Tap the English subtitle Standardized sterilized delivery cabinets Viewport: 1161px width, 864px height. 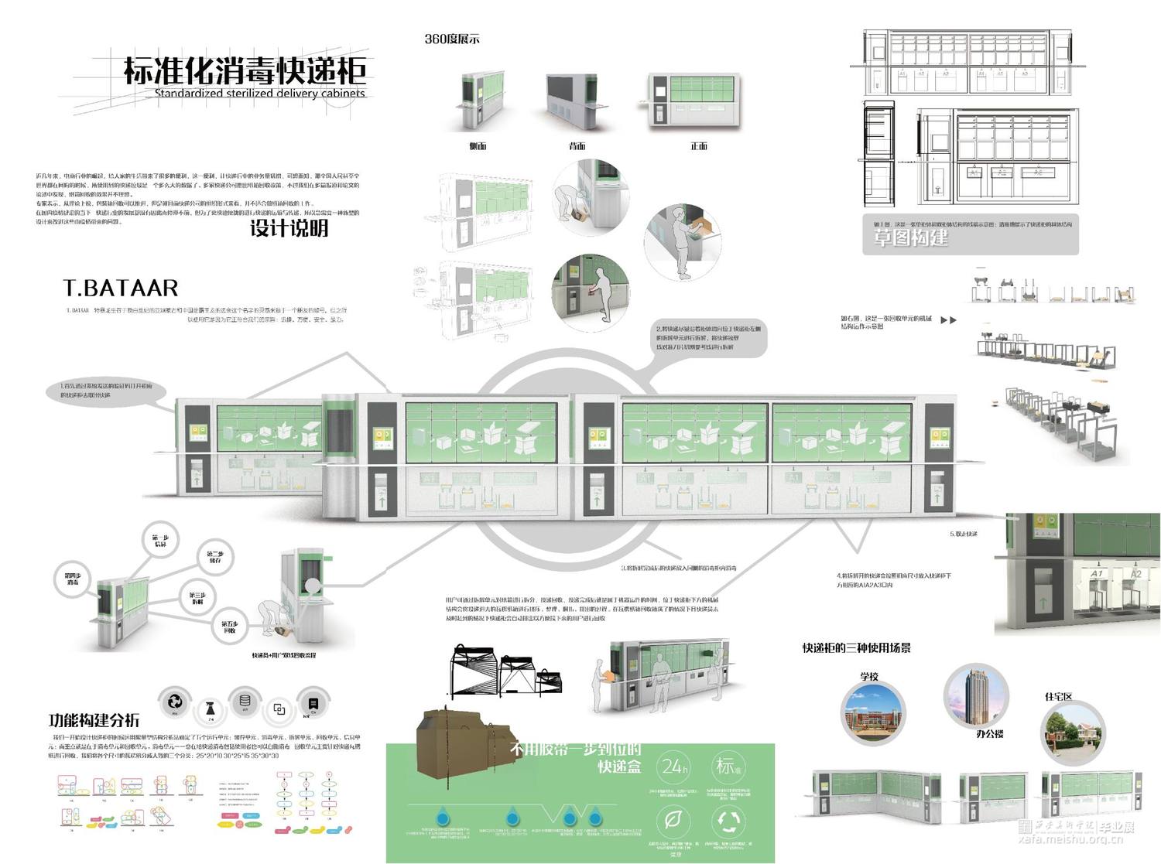pyautogui.click(x=259, y=94)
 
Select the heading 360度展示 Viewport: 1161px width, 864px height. pyautogui.click(x=452, y=39)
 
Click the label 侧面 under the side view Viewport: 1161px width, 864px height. pyautogui.click(x=478, y=146)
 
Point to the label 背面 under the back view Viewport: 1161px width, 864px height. pyautogui.click(x=577, y=146)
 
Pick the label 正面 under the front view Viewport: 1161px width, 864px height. pyautogui.click(x=699, y=146)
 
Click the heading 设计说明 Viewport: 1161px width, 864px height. pyautogui.click(x=289, y=228)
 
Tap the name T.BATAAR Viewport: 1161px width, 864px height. pyautogui.click(x=121, y=289)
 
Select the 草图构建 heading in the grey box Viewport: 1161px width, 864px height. pyautogui.click(x=910, y=238)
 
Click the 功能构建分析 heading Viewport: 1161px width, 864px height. pyautogui.click(x=94, y=720)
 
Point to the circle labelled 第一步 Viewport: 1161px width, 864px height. pyautogui.click(x=160, y=541)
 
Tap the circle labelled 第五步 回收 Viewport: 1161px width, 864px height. pyautogui.click(x=230, y=627)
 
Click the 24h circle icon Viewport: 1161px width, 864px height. pyautogui.click(x=673, y=767)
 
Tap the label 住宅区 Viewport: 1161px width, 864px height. pyautogui.click(x=1059, y=697)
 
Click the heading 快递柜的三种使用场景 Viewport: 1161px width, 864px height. pyautogui.click(x=856, y=648)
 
